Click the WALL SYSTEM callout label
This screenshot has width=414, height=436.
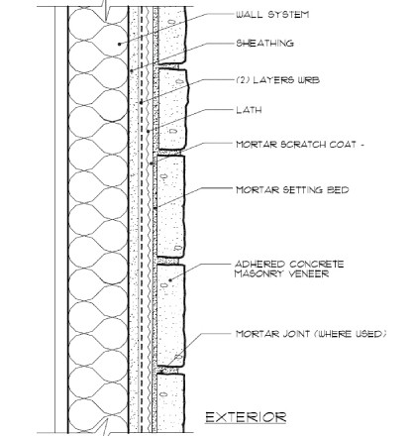coord(272,15)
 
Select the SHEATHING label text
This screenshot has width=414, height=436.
coord(264,44)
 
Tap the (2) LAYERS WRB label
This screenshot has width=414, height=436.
coord(278,80)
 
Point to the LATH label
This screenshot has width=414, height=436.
coord(249,110)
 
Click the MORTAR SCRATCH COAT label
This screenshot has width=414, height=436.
coord(296,145)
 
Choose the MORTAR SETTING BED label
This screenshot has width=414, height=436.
coord(292,190)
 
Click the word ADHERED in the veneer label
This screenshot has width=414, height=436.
coord(259,265)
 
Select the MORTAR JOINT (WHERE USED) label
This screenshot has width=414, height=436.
coord(311,334)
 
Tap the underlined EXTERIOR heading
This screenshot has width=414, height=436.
coord(246,417)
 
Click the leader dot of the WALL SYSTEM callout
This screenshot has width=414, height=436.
coord(120,44)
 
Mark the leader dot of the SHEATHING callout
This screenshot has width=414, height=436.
coord(132,70)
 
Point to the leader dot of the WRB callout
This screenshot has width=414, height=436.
coord(141,102)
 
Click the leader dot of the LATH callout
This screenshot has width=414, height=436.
coord(149,131)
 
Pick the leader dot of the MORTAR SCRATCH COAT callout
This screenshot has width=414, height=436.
coord(152,163)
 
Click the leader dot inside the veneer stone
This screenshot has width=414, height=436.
coord(170,280)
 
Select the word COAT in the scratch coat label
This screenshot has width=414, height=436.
coord(344,145)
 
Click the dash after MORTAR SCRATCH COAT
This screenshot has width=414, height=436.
coord(362,145)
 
